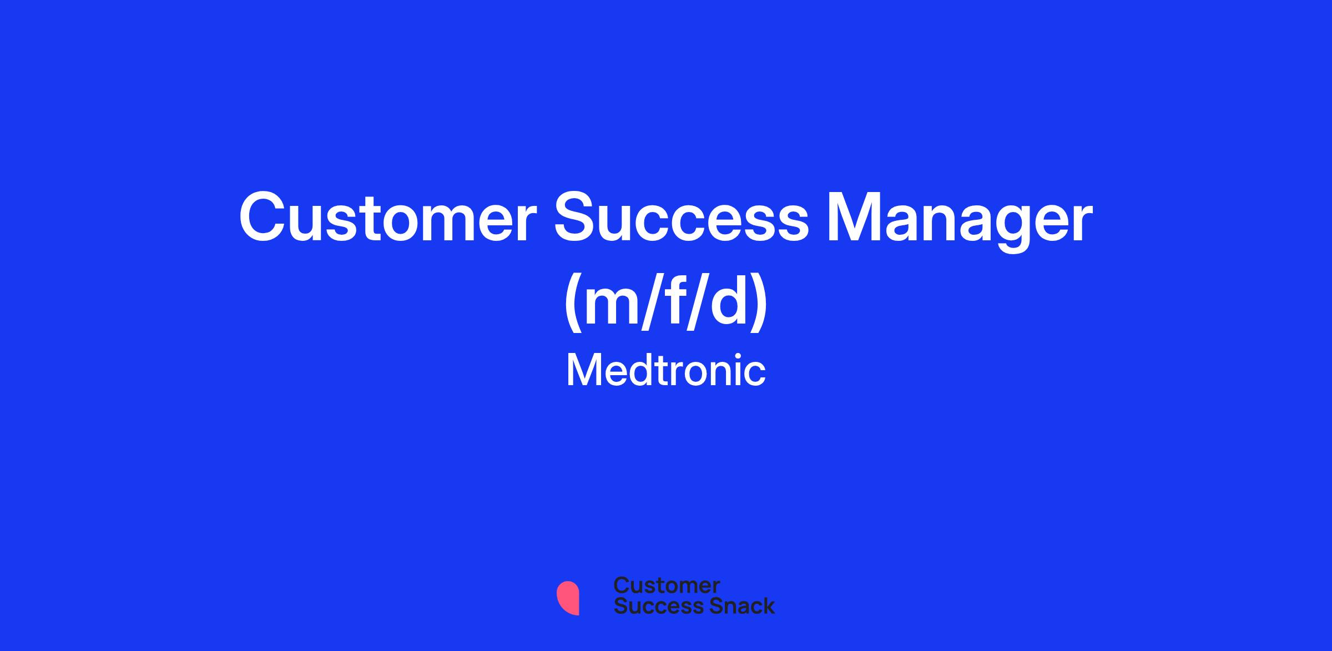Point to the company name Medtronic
click(x=665, y=371)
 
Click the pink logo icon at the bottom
click(x=568, y=598)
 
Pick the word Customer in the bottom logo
click(x=667, y=585)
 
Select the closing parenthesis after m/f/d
click(x=759, y=304)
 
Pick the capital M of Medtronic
click(x=584, y=370)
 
